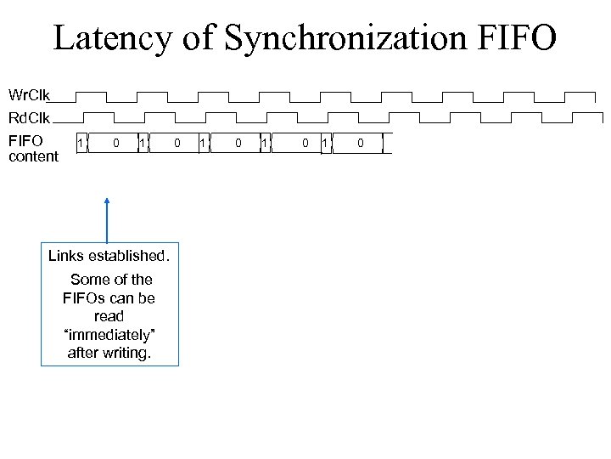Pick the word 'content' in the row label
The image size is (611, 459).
34,156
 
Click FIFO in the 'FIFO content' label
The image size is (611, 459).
25,141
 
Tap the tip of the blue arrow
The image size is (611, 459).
107,199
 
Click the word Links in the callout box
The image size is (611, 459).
66,256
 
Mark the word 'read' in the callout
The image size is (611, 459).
109,316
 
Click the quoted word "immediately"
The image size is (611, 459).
109,335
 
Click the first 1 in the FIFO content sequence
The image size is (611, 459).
81,144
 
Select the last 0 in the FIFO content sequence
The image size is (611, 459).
360,144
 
